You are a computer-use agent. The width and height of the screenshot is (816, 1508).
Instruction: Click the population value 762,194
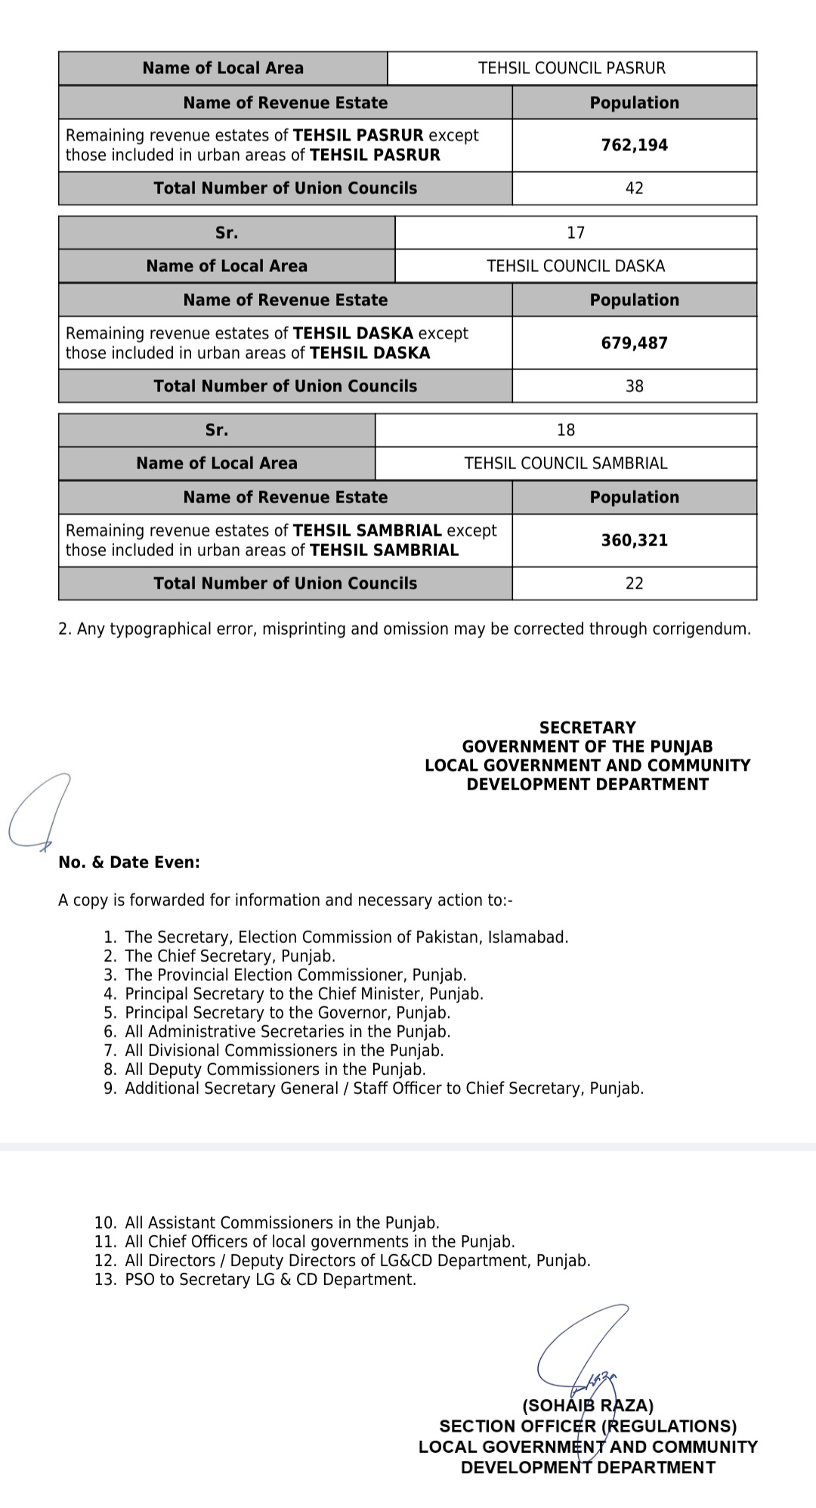coord(634,145)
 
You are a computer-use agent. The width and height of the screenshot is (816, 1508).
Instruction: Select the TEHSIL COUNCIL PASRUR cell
coord(572,68)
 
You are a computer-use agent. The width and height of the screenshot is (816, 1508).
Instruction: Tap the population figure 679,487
coord(634,343)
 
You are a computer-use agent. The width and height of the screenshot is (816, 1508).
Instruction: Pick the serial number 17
coord(576,233)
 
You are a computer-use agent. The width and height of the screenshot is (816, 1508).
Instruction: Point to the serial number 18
coord(566,430)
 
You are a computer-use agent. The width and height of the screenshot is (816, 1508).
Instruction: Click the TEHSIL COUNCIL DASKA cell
coord(576,266)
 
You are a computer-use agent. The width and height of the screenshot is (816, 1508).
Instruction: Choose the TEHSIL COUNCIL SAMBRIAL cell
coord(566,463)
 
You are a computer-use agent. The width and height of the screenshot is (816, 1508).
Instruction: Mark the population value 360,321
coord(634,540)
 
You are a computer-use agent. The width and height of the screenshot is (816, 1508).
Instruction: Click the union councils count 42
coord(634,188)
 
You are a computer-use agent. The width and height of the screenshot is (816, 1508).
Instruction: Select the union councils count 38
coord(634,386)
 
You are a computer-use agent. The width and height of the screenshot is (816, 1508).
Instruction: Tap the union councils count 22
coord(634,583)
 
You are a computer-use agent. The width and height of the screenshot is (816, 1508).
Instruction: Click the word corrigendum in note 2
coord(703,629)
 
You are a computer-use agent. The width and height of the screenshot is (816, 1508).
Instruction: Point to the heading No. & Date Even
coord(129,862)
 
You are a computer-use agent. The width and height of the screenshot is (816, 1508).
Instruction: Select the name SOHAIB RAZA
coord(588,1406)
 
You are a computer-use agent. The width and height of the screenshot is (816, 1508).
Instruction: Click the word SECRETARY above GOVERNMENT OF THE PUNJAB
coord(588,728)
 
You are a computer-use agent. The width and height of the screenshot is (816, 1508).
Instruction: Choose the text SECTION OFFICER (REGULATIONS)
coord(588,1426)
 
